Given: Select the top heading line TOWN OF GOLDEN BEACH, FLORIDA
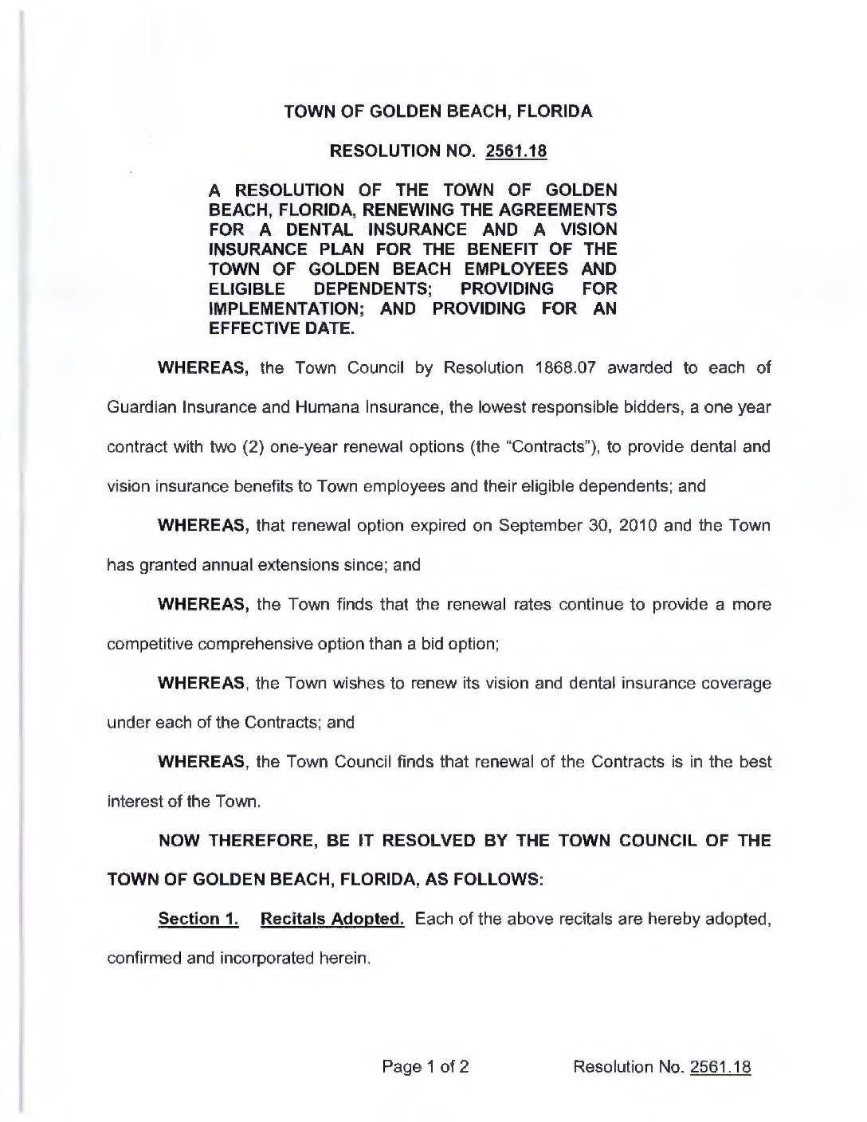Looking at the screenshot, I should (438, 112).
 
